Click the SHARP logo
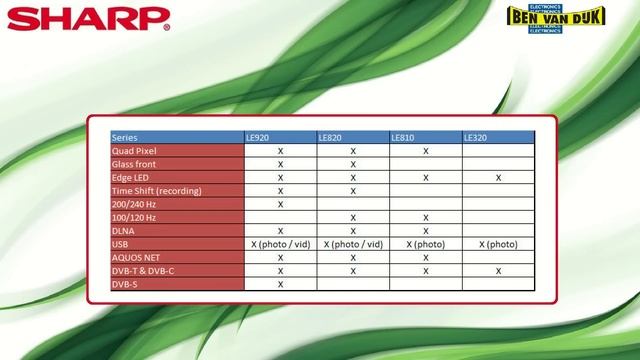67,19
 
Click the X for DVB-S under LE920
280,284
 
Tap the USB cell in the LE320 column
497,244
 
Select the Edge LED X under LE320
497,177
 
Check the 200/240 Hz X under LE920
280,204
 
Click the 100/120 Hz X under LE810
425,217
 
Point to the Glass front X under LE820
353,164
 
